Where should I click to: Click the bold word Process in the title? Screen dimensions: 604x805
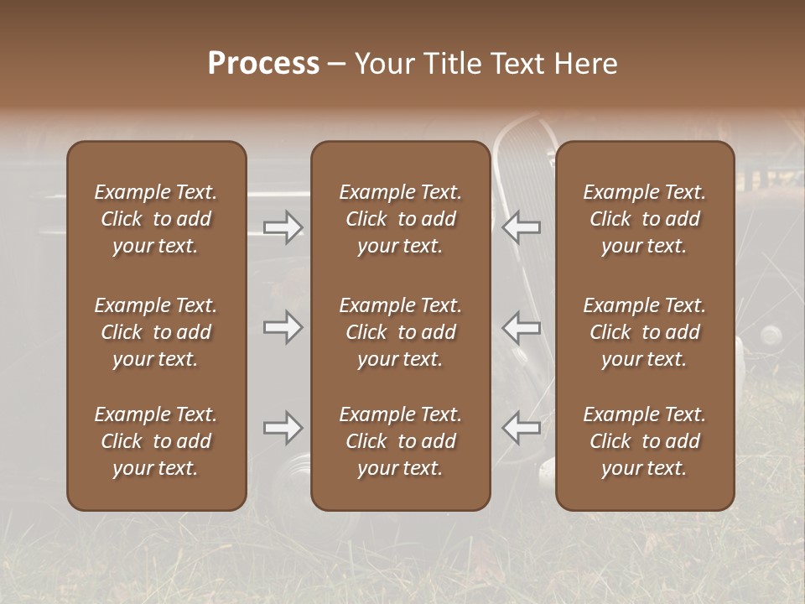click(263, 64)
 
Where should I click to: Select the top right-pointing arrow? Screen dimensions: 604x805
click(283, 226)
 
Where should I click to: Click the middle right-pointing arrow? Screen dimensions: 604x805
click(283, 327)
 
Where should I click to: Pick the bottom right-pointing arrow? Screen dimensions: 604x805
click(283, 428)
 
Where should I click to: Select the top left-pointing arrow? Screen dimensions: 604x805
click(522, 226)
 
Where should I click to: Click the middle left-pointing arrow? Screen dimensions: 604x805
click(522, 327)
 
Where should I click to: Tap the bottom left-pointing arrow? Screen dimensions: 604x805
click(522, 428)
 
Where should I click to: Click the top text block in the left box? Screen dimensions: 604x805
click(156, 219)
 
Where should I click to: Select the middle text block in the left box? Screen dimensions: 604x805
click(156, 332)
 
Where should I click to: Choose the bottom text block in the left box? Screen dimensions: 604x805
click(156, 441)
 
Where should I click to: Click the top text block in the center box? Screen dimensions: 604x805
click(400, 219)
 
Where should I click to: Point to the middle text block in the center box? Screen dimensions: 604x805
click(400, 332)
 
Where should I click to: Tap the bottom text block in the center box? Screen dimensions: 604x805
click(400, 441)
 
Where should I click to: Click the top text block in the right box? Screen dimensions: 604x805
click(644, 219)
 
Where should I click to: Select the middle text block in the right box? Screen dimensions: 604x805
click(644, 332)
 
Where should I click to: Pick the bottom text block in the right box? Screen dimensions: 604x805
click(644, 441)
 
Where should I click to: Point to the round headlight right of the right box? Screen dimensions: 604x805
click(770, 336)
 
